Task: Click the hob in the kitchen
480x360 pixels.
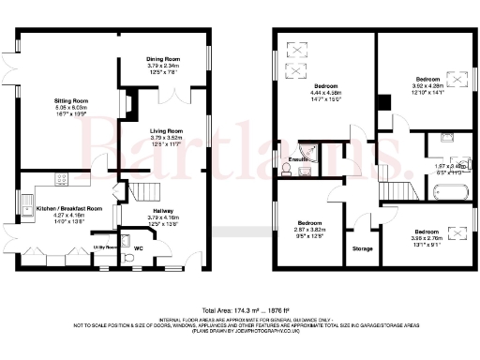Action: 63,178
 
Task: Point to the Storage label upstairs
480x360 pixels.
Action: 362,248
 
